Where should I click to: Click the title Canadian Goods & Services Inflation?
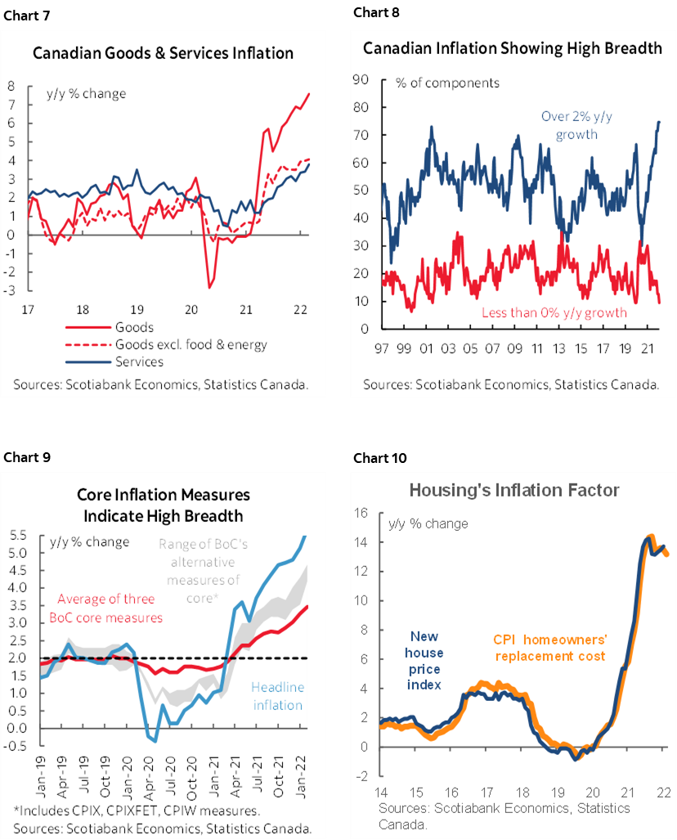[163, 54]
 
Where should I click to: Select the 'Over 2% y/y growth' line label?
[576, 125]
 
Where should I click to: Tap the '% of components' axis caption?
[447, 83]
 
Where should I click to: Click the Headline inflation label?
[276, 696]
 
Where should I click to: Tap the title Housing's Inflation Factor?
[514, 491]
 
